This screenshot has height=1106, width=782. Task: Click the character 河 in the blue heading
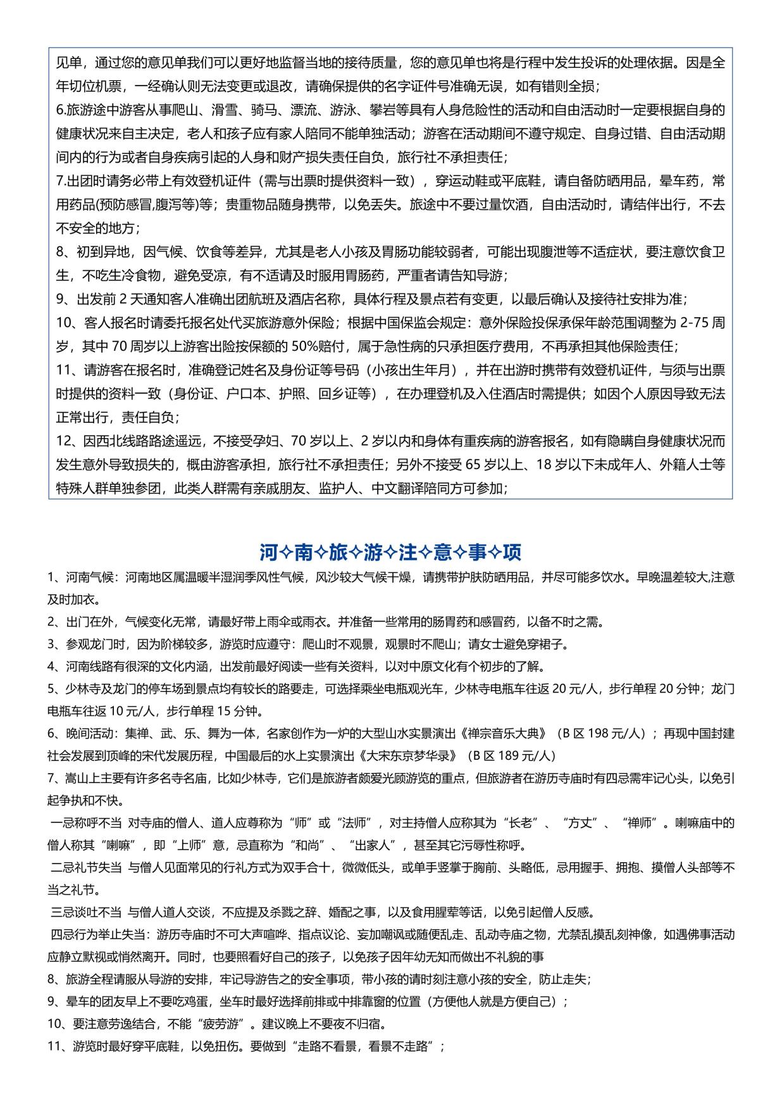269,552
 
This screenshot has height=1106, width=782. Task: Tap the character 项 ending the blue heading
512,552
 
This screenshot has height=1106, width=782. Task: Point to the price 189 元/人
524,755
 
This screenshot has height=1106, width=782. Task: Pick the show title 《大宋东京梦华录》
411,755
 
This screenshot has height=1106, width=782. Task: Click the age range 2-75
695,323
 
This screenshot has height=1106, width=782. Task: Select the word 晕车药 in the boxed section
678,181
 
